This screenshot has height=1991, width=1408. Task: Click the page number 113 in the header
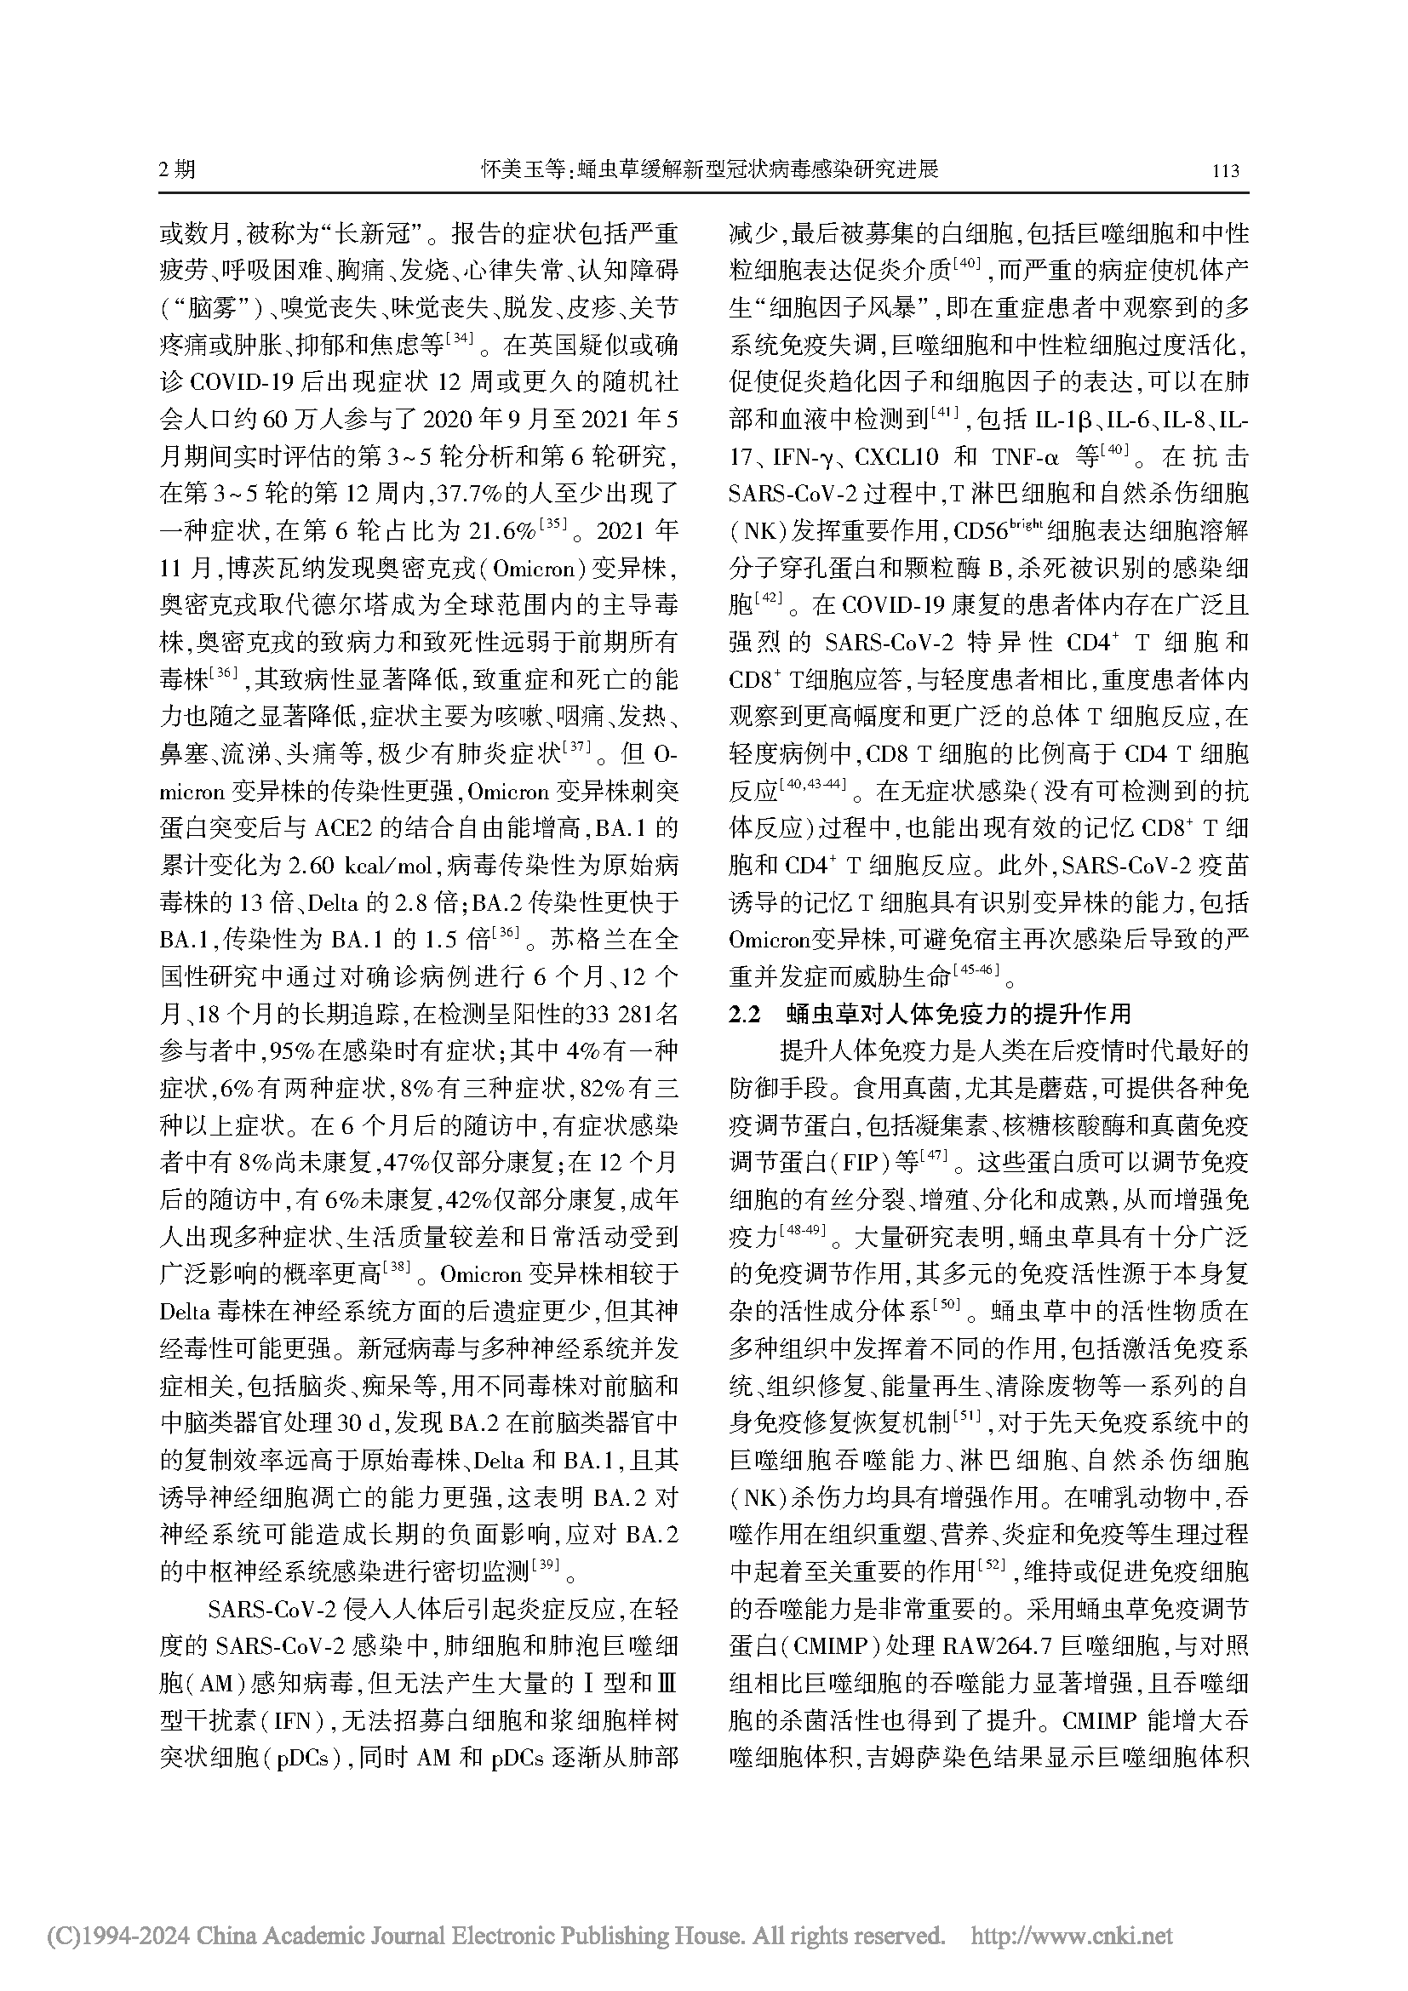coord(1225,171)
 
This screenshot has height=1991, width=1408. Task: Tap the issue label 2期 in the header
coord(177,169)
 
